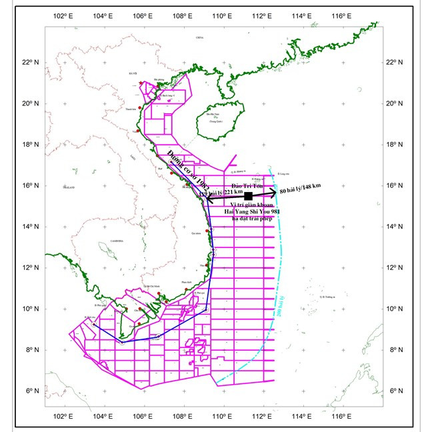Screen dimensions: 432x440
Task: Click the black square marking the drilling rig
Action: click(x=248, y=196)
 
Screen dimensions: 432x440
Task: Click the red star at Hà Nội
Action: click(x=141, y=83)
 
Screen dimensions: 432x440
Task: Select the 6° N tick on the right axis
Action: click(x=398, y=391)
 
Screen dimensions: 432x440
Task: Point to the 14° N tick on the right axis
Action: click(x=398, y=227)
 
